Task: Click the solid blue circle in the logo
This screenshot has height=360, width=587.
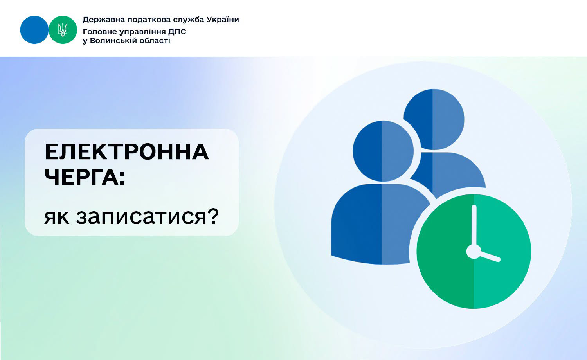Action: point(34,30)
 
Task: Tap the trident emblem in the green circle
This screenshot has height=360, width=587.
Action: point(63,30)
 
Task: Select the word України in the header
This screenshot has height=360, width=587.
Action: point(223,20)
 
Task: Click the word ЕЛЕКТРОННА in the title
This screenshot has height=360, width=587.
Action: point(127,152)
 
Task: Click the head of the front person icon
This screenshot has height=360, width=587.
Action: point(383,151)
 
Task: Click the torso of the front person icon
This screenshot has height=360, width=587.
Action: point(377,224)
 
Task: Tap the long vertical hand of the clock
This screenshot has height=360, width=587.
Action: point(474,227)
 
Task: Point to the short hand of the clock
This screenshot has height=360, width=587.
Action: point(489,256)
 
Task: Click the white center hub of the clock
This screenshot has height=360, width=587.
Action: point(474,252)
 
